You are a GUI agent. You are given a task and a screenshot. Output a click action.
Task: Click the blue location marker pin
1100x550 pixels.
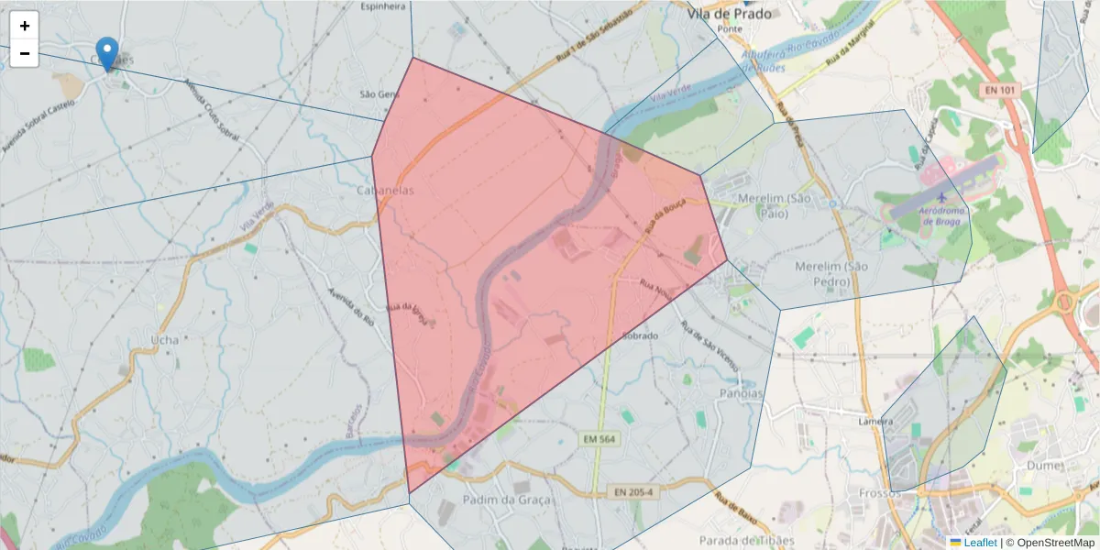click(107, 53)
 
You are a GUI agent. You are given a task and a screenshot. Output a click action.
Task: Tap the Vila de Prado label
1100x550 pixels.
click(731, 14)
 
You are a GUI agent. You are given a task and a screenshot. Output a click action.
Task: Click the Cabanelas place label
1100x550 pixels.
click(385, 191)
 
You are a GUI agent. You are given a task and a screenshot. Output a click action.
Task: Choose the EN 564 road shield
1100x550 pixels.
click(599, 440)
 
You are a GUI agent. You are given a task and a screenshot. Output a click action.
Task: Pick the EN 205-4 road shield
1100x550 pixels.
click(634, 492)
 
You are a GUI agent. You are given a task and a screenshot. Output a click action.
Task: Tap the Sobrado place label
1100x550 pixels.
click(640, 336)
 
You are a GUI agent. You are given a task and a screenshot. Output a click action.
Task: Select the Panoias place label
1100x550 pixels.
click(742, 393)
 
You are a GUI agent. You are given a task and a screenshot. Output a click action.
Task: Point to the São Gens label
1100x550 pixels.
click(379, 94)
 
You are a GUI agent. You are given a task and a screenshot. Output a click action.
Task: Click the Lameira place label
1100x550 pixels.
click(875, 422)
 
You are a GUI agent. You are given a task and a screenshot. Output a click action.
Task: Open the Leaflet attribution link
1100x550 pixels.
click(979, 543)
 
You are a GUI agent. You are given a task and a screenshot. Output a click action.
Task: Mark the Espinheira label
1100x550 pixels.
click(383, 6)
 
